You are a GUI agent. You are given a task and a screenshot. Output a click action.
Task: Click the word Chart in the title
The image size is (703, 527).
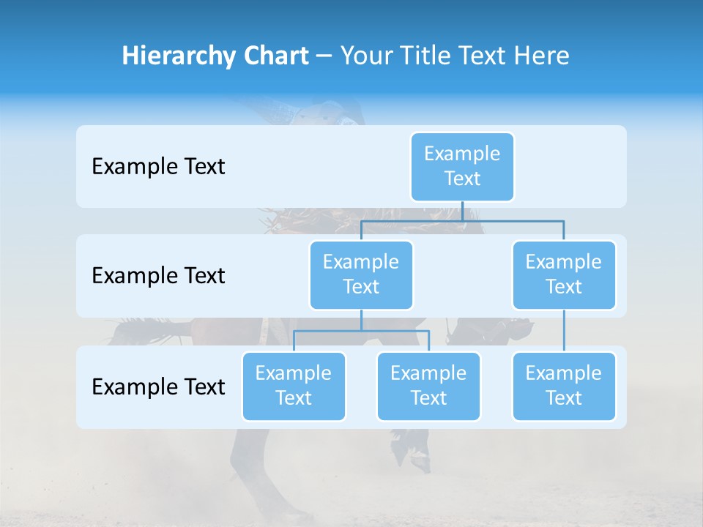(x=272, y=56)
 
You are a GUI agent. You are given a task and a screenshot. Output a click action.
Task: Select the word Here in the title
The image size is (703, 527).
(x=541, y=56)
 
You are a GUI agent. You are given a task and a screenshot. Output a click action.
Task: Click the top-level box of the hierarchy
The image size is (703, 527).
(x=462, y=167)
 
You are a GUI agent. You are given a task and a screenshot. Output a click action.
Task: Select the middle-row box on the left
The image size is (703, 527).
(x=361, y=275)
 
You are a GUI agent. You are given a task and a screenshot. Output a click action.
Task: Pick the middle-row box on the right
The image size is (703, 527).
(x=564, y=275)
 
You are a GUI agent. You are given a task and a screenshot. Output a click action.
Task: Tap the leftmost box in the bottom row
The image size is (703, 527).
(x=294, y=386)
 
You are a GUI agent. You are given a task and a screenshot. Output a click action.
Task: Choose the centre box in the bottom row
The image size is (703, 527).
(x=428, y=386)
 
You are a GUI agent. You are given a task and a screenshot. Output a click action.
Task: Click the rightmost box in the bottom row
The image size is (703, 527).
(x=564, y=386)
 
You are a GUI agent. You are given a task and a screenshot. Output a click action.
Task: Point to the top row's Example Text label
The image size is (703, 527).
(x=158, y=167)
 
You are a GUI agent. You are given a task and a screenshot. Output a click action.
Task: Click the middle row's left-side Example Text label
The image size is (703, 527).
(x=158, y=276)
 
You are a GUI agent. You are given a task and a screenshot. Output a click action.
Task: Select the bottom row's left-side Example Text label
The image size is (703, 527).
(x=158, y=386)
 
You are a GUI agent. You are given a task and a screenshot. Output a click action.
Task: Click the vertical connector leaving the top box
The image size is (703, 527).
(x=462, y=211)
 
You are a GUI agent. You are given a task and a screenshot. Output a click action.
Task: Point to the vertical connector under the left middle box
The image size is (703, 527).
(x=361, y=320)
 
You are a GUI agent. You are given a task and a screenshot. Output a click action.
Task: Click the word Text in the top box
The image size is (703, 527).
(x=462, y=179)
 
